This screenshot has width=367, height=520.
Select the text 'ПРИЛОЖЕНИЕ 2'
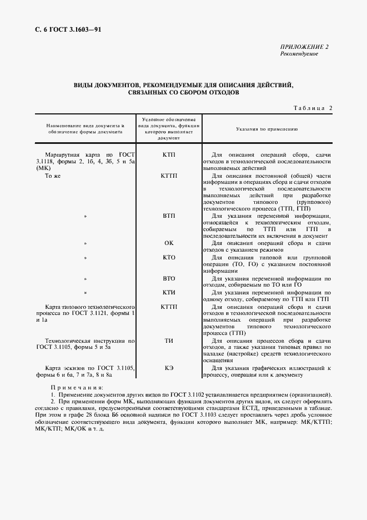(304, 47)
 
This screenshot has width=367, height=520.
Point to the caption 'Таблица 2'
(311, 108)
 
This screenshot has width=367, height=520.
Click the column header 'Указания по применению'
(267, 128)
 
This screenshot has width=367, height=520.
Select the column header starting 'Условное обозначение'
(169, 128)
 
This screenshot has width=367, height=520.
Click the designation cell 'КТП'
(169, 153)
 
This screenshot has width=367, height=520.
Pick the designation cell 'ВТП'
(169, 216)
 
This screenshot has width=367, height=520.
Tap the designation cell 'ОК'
(169, 243)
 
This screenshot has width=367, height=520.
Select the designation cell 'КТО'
(169, 258)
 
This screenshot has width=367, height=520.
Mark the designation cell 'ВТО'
(169, 278)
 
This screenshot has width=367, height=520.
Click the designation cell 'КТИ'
(169, 292)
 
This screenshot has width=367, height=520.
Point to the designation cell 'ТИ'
(169, 340)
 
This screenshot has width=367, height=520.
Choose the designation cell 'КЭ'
(169, 368)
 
